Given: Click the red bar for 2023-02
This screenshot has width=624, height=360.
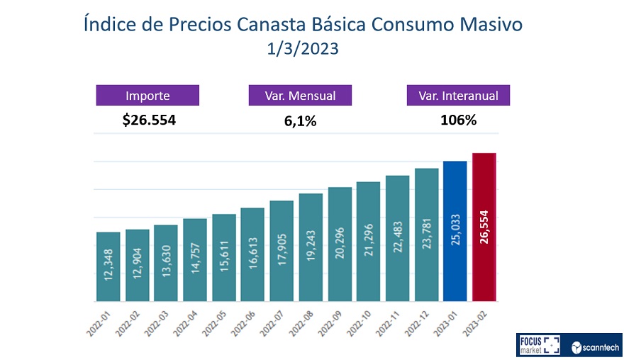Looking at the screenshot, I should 484,227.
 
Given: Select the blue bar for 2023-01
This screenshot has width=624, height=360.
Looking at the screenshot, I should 455,231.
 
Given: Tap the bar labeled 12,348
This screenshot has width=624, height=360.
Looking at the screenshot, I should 108,266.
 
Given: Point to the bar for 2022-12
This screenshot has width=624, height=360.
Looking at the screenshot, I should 426,235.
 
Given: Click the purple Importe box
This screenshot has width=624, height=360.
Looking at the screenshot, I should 147,96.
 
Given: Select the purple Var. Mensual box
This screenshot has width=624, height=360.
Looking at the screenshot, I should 300,96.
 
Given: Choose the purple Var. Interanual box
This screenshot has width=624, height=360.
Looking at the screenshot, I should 458,96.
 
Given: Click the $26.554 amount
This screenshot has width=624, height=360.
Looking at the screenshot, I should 148,120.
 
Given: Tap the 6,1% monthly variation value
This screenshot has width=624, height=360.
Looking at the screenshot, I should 300,121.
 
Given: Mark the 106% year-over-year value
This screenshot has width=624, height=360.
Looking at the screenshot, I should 458,120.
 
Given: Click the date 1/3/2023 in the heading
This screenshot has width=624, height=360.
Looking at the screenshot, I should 303,50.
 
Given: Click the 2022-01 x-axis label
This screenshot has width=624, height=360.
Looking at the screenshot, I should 102,319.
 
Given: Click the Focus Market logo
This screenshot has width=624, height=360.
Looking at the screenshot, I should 538,345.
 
